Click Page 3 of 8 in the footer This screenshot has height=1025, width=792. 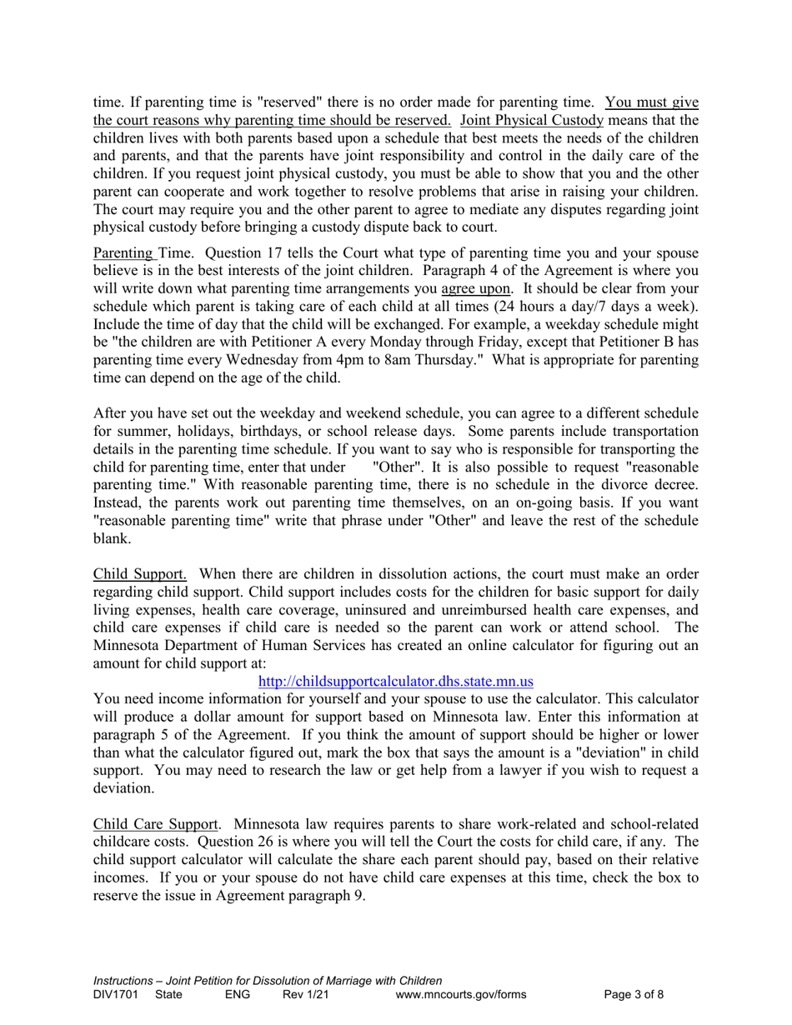pyautogui.click(x=634, y=993)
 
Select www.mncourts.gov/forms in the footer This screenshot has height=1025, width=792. pyautogui.click(x=460, y=993)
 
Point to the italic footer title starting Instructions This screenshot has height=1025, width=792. pyautogui.click(x=267, y=980)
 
